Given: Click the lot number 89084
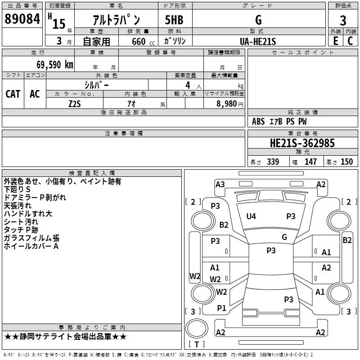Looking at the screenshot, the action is click(22, 19).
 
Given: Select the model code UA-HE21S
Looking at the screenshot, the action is click(258, 41).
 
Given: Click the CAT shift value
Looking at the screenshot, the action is click(13, 94).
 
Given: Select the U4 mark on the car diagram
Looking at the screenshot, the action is click(251, 216).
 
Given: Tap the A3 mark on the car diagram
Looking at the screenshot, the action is click(220, 184).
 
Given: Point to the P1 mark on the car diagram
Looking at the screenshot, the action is click(221, 308).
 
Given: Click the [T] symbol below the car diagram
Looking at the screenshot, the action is click(197, 345).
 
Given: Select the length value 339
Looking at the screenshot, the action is click(272, 162).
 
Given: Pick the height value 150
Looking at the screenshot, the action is click(346, 162).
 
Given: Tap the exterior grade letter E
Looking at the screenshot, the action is click(335, 40).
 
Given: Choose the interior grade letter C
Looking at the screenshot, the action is click(351, 40).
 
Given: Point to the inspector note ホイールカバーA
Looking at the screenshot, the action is click(31, 246).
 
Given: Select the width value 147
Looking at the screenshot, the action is click(310, 162).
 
